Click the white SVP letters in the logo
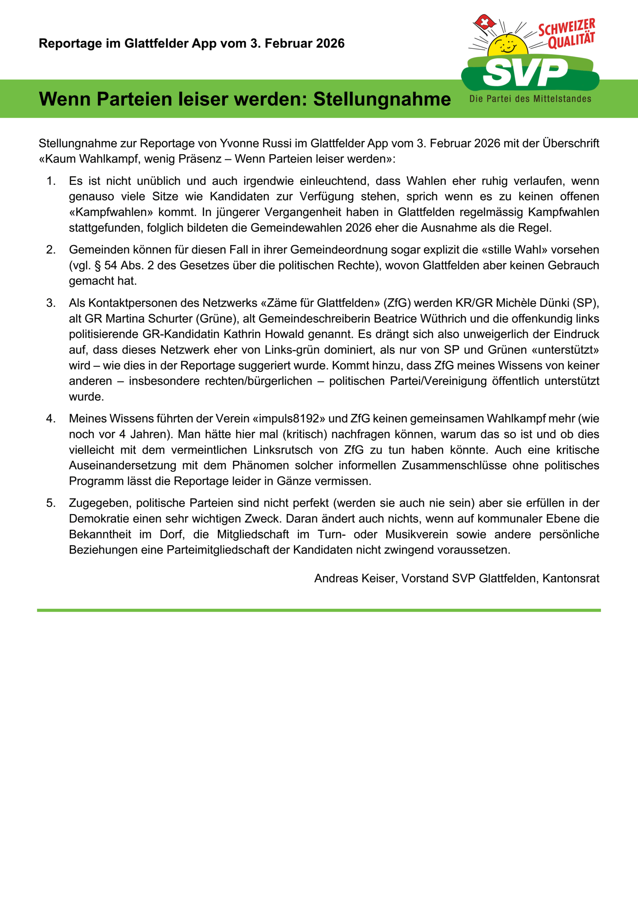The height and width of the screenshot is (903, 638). [x=526, y=72]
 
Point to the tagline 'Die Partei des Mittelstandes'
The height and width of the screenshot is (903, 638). [x=530, y=99]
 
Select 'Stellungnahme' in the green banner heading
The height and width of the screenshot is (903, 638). [x=382, y=99]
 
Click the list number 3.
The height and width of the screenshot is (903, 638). [x=51, y=303]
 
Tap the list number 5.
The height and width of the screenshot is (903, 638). [x=51, y=503]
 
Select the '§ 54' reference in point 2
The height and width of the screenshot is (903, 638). [x=106, y=266]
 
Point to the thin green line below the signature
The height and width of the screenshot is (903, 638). [x=319, y=610]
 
